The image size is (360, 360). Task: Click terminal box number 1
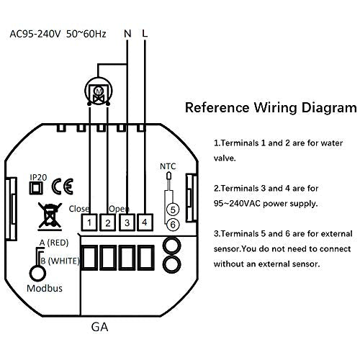[x=89, y=222]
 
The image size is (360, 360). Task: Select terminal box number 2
[x=108, y=222]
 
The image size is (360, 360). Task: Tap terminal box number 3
[x=127, y=222]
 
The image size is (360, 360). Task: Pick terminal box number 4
[x=145, y=222]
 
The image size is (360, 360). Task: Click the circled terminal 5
[x=173, y=210]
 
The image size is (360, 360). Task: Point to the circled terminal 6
[x=173, y=225]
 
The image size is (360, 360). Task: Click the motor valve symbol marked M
[x=99, y=92]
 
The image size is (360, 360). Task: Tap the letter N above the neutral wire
[x=127, y=34]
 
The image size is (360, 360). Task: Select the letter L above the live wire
[x=145, y=34]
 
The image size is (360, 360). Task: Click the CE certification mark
[x=63, y=186]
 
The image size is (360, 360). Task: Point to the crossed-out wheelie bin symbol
[x=50, y=216]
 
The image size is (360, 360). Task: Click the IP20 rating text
[x=38, y=177]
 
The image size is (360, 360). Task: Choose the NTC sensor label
[x=168, y=166]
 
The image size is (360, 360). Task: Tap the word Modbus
[x=45, y=288]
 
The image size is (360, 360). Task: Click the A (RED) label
[x=54, y=243]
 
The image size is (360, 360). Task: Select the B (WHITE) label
[x=60, y=261]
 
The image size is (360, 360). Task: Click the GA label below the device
[x=99, y=327]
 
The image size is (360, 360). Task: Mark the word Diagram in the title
[x=329, y=108]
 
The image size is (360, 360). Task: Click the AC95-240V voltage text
[x=35, y=34]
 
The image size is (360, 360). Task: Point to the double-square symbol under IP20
[x=36, y=188]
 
